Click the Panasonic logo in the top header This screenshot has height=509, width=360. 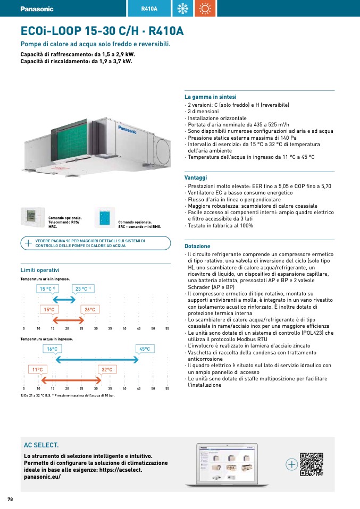point(37,9)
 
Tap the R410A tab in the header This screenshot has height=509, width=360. point(149,9)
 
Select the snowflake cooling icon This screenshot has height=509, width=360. point(184,9)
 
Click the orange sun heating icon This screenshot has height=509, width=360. point(205,9)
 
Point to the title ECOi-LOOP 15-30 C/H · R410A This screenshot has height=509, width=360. point(102,31)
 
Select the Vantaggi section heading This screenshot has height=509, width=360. point(196,178)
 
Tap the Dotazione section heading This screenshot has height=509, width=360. point(197,247)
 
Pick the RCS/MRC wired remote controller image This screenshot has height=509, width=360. point(33,217)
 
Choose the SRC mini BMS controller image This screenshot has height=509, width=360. point(104,217)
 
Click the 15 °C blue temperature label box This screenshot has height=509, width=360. point(48,289)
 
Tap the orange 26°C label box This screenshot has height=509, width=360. point(89,310)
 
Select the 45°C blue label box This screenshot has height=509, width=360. point(145,349)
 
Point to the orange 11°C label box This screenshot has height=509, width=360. point(37,369)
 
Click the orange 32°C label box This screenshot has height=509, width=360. point(106,369)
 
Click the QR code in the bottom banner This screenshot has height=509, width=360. point(311,464)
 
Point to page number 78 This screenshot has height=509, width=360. point(10,499)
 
